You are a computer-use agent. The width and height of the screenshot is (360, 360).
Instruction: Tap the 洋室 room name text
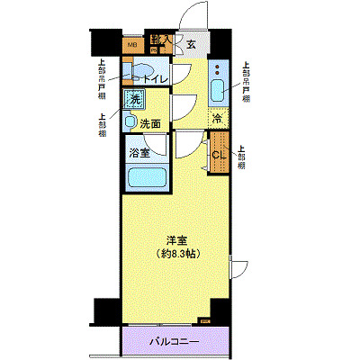[x=176, y=240]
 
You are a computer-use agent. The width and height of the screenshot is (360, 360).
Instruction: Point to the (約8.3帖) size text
[x=176, y=254]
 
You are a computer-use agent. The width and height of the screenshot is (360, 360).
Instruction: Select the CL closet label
[x=218, y=155]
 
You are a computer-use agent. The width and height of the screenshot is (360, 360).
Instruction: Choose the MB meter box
[x=131, y=42]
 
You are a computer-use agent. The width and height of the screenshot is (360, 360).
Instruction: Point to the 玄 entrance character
[x=190, y=42]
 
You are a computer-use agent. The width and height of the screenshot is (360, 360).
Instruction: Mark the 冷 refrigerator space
[x=219, y=117]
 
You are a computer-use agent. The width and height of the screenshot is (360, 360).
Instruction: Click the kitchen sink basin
[x=220, y=89]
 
